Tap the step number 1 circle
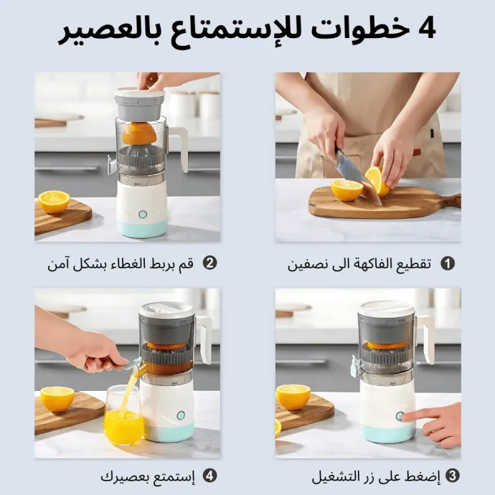click(448, 263)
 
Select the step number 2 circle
click(209, 263)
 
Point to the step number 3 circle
click(452, 476)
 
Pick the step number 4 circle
click(209, 476)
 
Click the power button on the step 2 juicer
click(143, 214)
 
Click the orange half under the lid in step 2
click(139, 134)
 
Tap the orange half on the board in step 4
click(57, 398)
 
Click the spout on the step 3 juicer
click(356, 366)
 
